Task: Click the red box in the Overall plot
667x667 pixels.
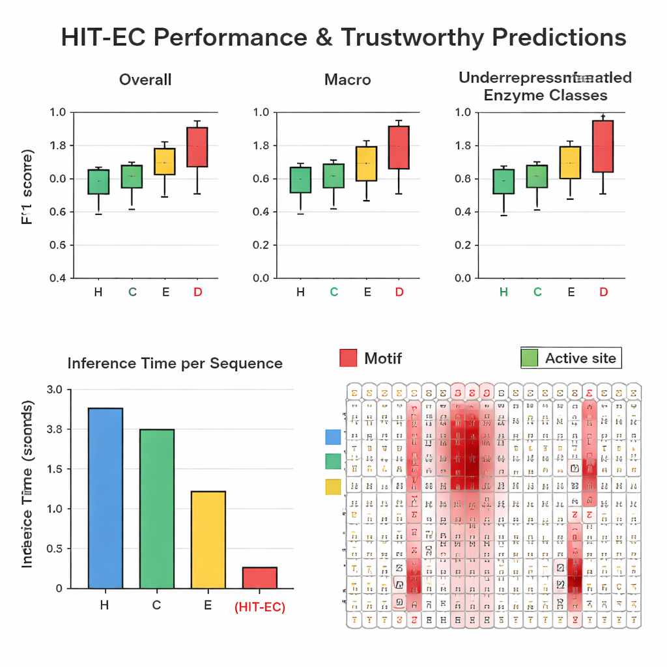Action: [197, 147]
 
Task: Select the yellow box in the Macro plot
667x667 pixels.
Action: [366, 163]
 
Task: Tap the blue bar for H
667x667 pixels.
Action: [105, 498]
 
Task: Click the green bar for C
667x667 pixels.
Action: [156, 508]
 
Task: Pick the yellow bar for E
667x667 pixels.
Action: [208, 539]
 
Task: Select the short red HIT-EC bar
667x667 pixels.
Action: [259, 577]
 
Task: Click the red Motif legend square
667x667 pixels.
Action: [348, 358]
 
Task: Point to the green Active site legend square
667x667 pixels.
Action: [530, 358]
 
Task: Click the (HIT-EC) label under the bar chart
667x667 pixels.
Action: [259, 607]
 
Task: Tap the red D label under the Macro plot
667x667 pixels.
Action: [400, 292]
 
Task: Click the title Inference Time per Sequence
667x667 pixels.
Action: [175, 363]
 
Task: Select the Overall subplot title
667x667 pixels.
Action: [145, 80]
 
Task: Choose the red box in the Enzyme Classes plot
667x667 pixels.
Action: [603, 146]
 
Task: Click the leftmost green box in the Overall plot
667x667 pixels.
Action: [98, 182]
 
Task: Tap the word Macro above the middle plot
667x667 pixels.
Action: [347, 80]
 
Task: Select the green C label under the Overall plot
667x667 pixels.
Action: [132, 292]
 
